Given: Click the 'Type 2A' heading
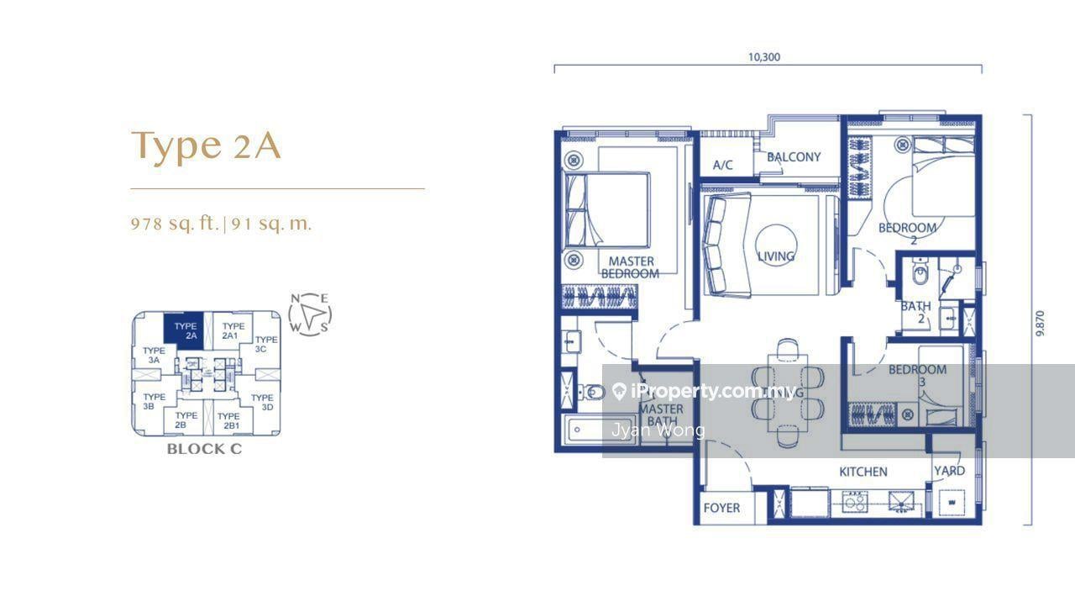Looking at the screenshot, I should [206, 145].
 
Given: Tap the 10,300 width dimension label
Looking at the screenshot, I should [764, 57].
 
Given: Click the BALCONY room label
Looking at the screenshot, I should [794, 157].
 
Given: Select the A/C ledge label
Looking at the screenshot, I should [722, 165].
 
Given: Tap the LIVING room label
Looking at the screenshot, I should [775, 256].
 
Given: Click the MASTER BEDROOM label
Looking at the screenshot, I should [631, 267].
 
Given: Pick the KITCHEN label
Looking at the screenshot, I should [863, 472].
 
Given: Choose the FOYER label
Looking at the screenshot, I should [721, 508].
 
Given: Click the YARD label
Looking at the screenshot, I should [950, 471].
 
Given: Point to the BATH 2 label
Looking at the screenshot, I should [915, 313].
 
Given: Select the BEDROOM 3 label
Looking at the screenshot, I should [917, 375].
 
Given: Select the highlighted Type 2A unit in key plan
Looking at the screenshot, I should [186, 330].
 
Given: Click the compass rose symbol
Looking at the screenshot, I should [310, 314].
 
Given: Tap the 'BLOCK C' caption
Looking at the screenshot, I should [204, 449].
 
